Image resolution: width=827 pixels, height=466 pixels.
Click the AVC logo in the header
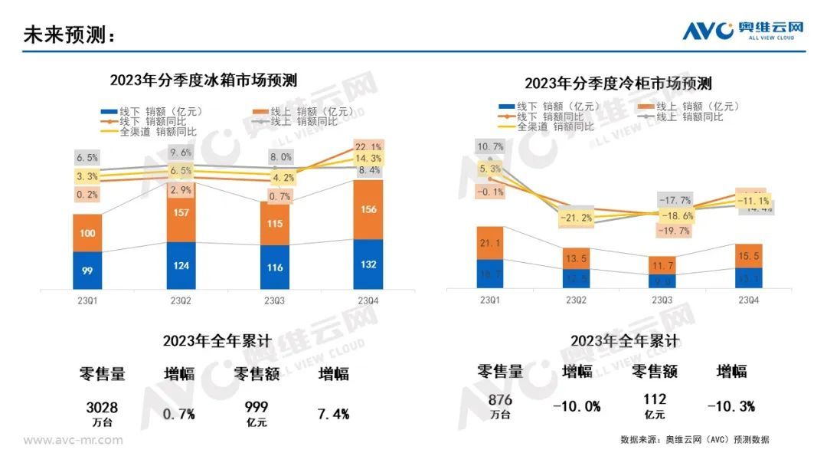pyautogui.click(x=743, y=31)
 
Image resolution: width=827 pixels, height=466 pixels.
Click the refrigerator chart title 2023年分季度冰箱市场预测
pyautogui.click(x=203, y=80)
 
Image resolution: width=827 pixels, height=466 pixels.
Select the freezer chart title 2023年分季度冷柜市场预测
pyautogui.click(x=618, y=83)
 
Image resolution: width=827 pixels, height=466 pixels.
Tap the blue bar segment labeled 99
pyautogui.click(x=87, y=270)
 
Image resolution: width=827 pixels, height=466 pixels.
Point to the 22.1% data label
pyautogui.click(x=368, y=147)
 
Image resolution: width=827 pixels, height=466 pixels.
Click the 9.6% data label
pyautogui.click(x=181, y=153)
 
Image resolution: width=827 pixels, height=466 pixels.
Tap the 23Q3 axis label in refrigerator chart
pyautogui.click(x=276, y=301)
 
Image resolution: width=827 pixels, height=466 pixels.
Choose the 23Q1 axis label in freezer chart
pyautogui.click(x=490, y=300)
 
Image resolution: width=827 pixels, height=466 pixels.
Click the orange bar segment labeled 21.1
pyautogui.click(x=490, y=243)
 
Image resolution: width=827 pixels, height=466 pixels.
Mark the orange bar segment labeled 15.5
pyautogui.click(x=750, y=255)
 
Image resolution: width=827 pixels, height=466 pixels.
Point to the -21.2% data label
pyautogui.click(x=576, y=218)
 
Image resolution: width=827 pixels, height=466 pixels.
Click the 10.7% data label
pyautogui.click(x=490, y=146)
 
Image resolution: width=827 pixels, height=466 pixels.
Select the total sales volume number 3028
pyautogui.click(x=102, y=408)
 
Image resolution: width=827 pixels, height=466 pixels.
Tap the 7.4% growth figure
pyautogui.click(x=333, y=414)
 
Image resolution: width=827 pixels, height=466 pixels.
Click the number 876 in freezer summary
pyautogui.click(x=499, y=400)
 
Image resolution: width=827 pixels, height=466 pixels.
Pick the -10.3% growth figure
pyautogui.click(x=731, y=406)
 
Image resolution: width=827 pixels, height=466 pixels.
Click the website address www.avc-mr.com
pyautogui.click(x=73, y=440)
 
